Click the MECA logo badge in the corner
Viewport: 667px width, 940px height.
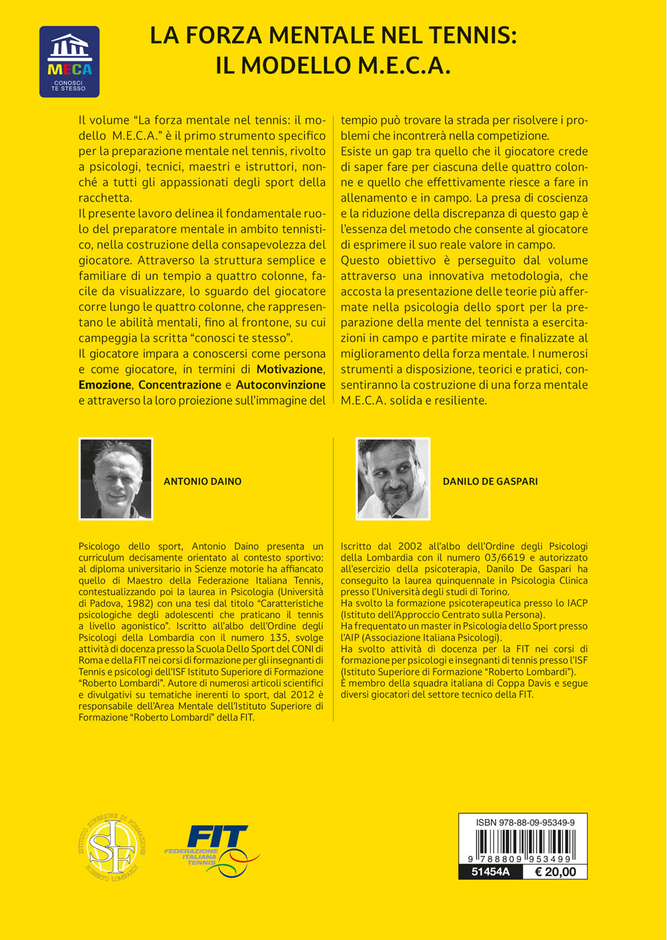[x=69, y=61]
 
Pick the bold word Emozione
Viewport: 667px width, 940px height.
[x=105, y=385]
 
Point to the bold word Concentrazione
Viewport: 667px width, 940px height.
[x=179, y=385]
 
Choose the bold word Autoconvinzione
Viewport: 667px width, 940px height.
[x=281, y=385]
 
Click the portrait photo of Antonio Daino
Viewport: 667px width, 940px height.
[x=116, y=479]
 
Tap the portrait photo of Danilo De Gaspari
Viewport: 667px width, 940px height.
[x=393, y=479]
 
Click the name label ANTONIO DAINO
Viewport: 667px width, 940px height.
[x=203, y=481]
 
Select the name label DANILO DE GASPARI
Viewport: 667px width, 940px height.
[x=490, y=481]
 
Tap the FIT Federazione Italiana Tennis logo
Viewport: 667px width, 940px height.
[x=211, y=846]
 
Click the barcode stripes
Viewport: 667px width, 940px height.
[x=524, y=845]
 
